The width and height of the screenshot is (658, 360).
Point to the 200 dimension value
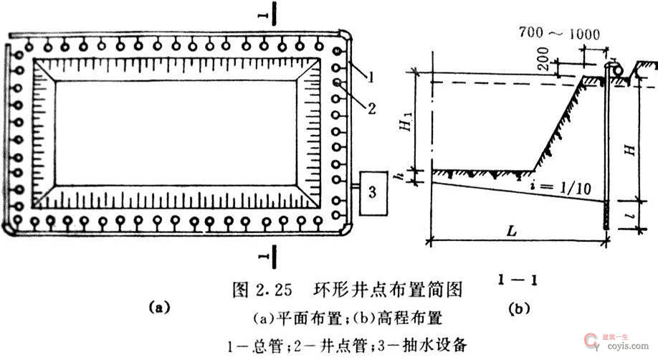click(x=559, y=63)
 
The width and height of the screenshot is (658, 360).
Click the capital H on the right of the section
click(x=628, y=149)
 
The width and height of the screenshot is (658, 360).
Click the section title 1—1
click(x=520, y=275)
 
